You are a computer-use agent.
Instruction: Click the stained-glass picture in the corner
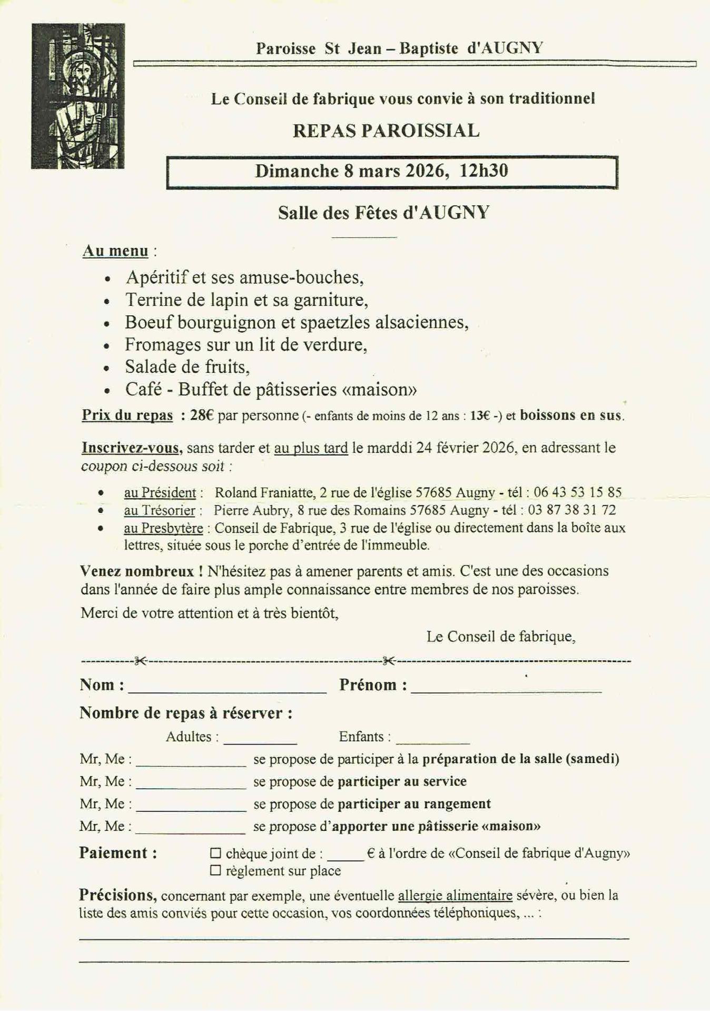(78, 96)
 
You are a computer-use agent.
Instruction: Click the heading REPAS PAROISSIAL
(386, 131)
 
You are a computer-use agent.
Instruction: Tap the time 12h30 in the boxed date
(484, 171)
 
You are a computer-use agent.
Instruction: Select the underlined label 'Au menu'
(115, 251)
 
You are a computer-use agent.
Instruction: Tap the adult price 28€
(202, 415)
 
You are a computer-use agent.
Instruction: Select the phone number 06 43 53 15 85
(577, 493)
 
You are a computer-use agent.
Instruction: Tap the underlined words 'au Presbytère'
(163, 528)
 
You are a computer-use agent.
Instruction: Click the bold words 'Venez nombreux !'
(142, 571)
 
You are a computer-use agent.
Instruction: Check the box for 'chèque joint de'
(215, 853)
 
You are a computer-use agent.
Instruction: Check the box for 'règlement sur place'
(215, 871)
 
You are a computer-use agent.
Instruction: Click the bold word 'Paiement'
(114, 853)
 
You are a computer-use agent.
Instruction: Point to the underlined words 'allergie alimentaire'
(455, 896)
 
